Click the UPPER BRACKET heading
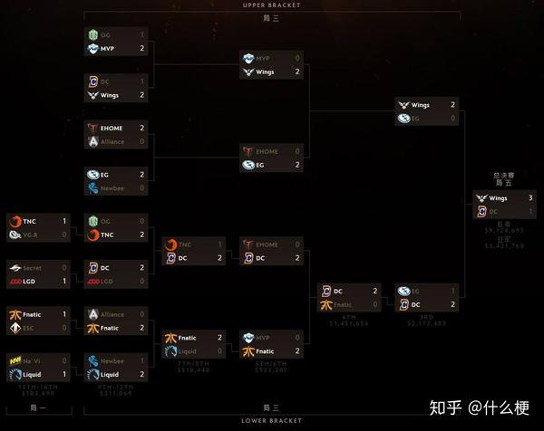271,5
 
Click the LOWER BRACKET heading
271,421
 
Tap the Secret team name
33,268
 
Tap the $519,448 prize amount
192,369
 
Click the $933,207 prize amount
270,369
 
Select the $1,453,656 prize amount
348,321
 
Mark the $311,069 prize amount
114,394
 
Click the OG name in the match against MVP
107,34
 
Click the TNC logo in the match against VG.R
15,221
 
